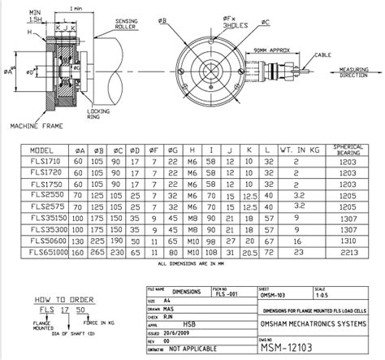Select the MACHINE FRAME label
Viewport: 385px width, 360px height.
click(34, 128)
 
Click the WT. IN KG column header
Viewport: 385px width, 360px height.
click(297, 150)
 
